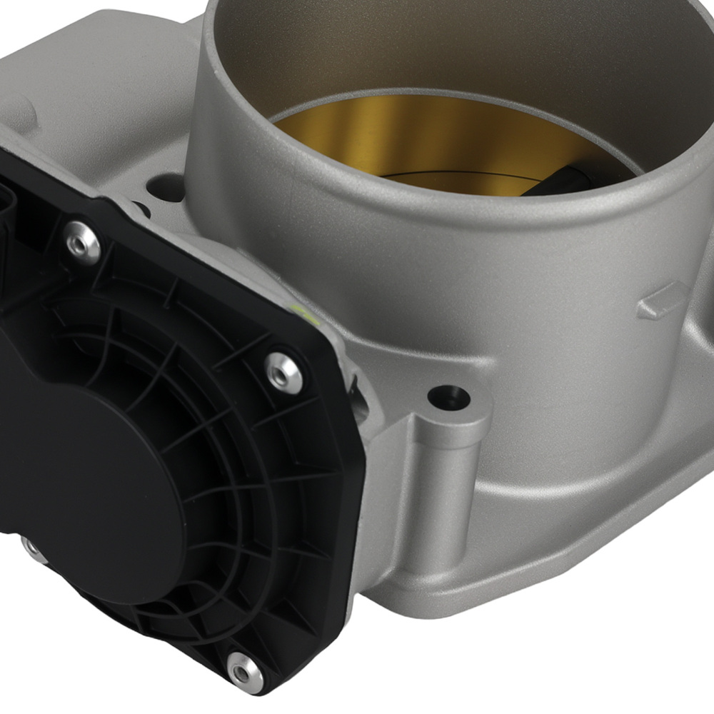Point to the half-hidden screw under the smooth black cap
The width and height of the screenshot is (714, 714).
(x=30, y=547)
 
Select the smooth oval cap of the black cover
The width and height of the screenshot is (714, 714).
(x=93, y=464)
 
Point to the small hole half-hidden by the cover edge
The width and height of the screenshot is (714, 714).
(x=141, y=209)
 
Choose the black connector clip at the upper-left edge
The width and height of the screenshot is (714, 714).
(x=11, y=200)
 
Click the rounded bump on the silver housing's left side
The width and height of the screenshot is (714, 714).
(x=21, y=111)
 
